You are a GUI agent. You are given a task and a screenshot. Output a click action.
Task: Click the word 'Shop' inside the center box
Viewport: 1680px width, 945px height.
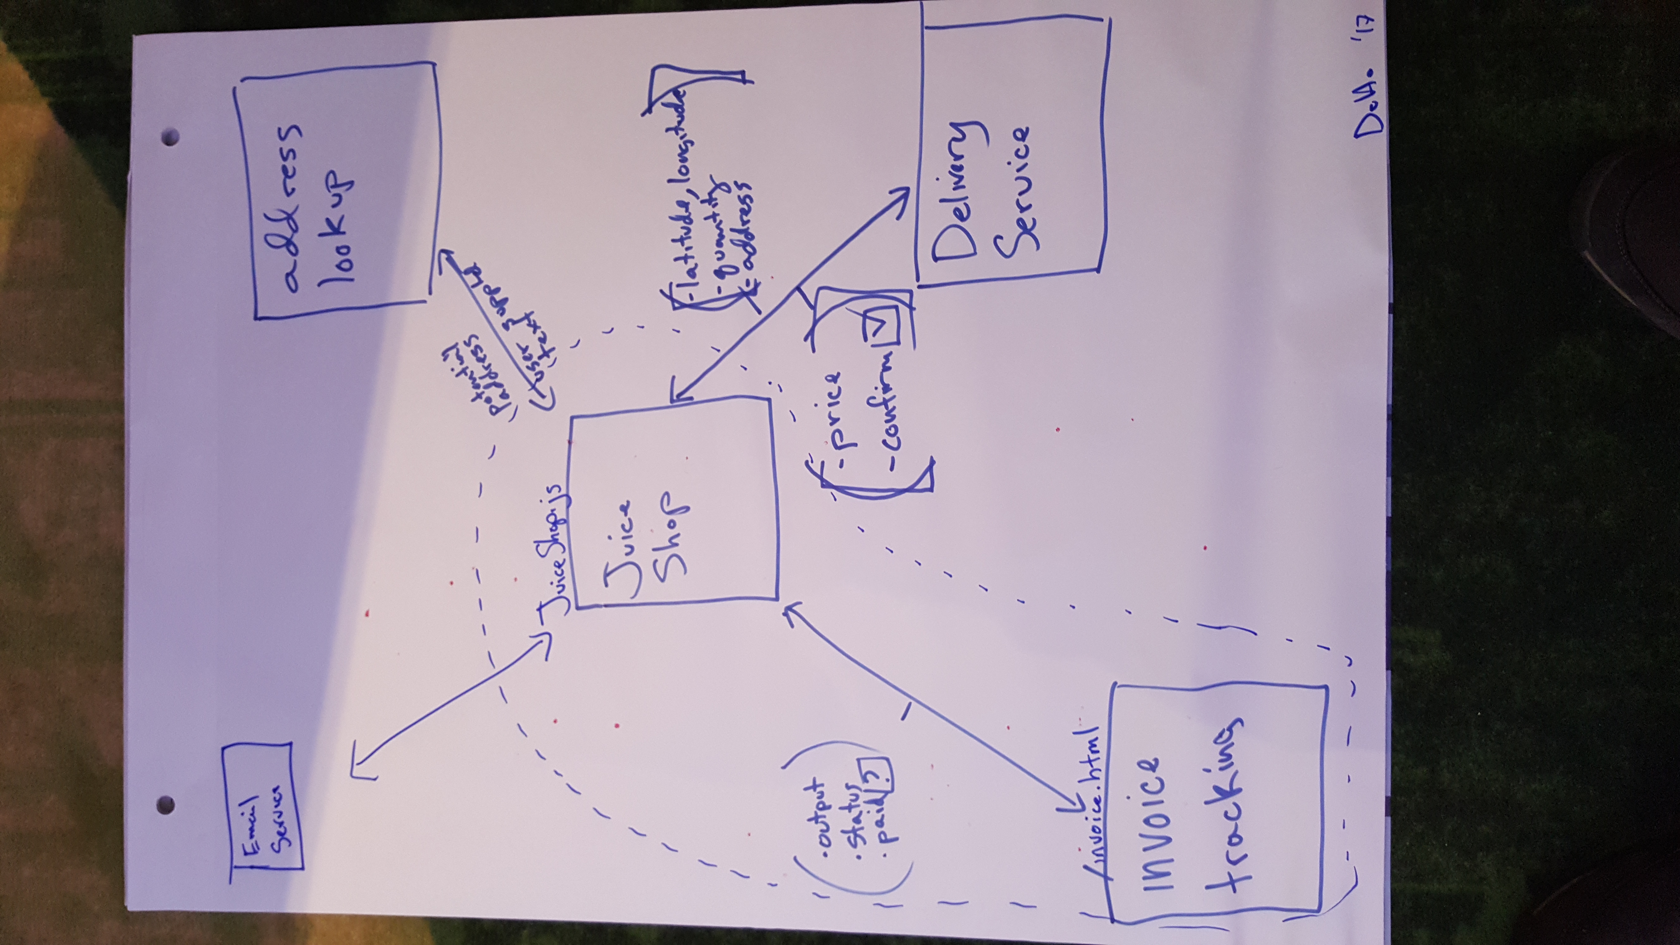click(x=672, y=541)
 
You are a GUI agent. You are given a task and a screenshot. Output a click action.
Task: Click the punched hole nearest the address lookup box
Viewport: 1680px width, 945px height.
click(x=171, y=138)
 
